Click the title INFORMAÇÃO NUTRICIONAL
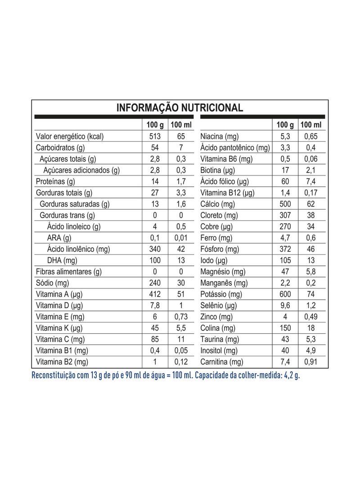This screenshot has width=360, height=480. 180,108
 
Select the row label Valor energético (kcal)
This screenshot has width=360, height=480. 69,136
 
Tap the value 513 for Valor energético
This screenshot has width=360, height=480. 155,136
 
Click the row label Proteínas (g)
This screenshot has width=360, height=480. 55,181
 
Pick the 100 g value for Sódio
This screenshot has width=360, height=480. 155,283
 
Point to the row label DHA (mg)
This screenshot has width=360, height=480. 62,260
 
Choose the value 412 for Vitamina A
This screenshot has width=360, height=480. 155,294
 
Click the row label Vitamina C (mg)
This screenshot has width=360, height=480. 60,339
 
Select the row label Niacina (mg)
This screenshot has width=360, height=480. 220,136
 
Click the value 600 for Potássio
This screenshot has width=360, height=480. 285,294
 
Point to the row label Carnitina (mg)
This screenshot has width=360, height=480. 222,362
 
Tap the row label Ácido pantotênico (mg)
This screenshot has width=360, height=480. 235,148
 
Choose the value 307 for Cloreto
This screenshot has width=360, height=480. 285,215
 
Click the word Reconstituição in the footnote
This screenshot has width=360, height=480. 54,375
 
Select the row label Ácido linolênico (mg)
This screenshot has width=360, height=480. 78,249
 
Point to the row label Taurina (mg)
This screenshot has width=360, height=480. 220,339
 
